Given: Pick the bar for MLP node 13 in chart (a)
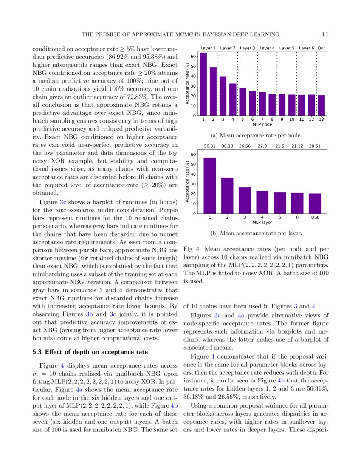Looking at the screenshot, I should point(322,105).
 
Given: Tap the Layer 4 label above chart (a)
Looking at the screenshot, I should point(267,48).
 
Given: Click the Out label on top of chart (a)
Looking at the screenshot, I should point(322,48).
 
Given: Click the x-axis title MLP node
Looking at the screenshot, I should point(262,125).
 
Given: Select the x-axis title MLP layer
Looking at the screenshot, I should point(262,223).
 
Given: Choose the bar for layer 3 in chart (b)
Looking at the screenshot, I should point(245,200).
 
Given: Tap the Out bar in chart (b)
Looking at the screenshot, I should point(315,203).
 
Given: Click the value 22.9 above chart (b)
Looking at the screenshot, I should point(262,146).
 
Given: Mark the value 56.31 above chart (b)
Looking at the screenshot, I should point(210,146).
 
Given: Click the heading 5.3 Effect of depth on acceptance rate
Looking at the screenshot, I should point(90,352).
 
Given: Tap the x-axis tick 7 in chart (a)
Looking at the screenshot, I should point(262,119).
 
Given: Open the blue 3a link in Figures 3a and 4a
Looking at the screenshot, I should point(217,315).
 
